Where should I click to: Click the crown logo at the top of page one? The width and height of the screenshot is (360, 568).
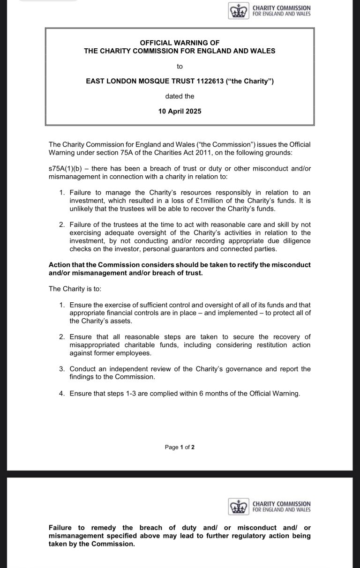coord(237,11)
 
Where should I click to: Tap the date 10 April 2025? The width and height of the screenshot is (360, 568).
coord(180,112)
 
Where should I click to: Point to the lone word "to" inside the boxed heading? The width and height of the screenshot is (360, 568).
coord(180,66)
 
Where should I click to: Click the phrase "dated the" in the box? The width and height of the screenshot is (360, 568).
coord(180,96)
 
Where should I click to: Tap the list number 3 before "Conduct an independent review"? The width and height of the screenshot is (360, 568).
coord(62,369)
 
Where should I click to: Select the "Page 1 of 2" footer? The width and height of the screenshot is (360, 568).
coord(180,447)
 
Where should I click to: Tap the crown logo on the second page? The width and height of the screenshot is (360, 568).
coord(237,507)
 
